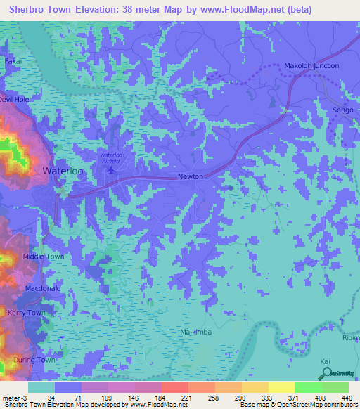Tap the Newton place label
[x=191, y=177]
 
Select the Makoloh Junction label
[x=311, y=66]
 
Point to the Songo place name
[x=343, y=111]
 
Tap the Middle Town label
[x=44, y=257]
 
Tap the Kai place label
[x=325, y=361]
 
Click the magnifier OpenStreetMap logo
[x=325, y=374]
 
